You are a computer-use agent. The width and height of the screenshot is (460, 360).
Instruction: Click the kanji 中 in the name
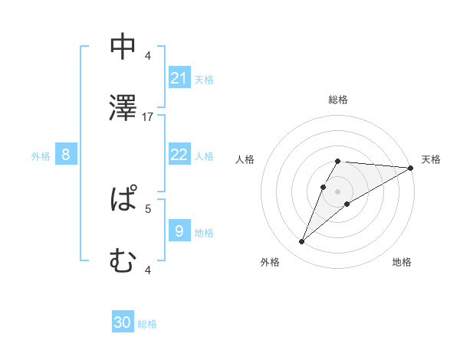coord(123,47)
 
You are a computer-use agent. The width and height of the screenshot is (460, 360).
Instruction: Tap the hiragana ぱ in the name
coord(123,199)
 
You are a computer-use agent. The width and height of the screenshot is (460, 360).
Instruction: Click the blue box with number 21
coord(179,78)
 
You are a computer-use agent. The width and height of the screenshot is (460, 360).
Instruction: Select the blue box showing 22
coord(179,155)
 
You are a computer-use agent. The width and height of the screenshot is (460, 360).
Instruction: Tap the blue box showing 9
coord(179,231)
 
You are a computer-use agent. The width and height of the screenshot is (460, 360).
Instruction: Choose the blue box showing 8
coord(66,155)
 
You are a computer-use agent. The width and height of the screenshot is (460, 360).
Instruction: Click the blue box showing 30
coord(123,323)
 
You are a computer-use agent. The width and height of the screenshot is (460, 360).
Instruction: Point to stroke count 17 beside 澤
coord(149,116)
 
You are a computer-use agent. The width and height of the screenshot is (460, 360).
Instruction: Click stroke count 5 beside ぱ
coord(149,208)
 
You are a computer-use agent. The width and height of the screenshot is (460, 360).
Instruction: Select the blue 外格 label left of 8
coord(41,156)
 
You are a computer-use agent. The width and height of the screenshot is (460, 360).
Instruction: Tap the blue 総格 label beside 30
coord(147,324)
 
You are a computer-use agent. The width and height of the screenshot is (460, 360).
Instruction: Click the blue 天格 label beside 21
coord(204,80)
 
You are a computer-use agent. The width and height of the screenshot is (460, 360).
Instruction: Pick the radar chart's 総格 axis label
coord(338,100)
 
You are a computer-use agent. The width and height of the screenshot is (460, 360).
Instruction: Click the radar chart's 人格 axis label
coord(245,159)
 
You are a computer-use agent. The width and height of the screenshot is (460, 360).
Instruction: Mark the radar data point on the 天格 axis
coord(411,168)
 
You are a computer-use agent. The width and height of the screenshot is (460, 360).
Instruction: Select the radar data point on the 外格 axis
coord(302,242)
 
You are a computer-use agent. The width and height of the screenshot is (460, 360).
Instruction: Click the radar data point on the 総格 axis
coord(338,161)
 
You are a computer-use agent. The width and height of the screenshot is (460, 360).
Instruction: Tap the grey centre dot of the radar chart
coord(338,191)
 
